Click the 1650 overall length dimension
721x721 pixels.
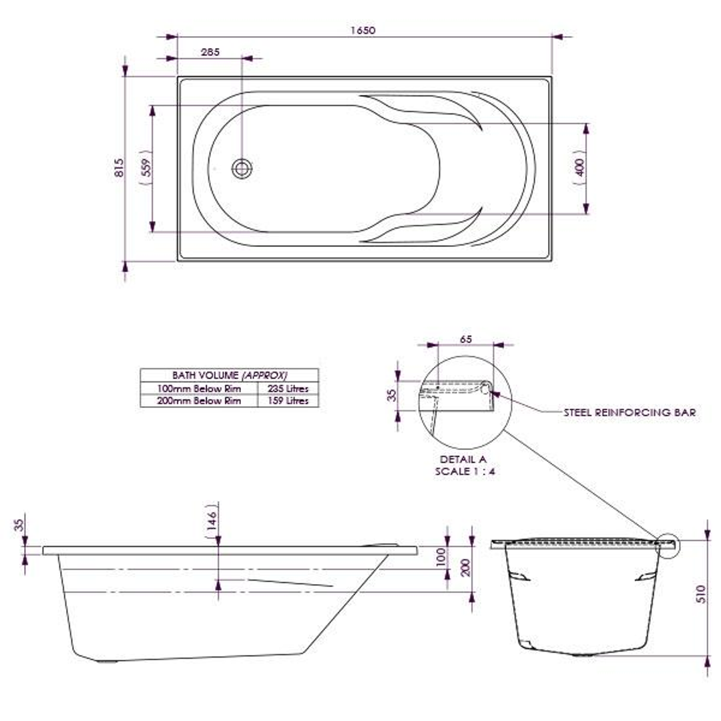click(x=365, y=30)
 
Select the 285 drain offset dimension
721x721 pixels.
click(x=209, y=51)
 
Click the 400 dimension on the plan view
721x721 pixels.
click(x=579, y=168)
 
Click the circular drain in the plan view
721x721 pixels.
click(x=242, y=168)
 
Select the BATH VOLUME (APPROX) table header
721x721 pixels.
click(x=229, y=375)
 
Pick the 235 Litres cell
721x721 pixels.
click(x=288, y=389)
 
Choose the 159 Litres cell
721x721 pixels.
click(x=288, y=401)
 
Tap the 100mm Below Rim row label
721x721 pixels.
click(x=198, y=389)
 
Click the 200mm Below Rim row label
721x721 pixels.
click(x=198, y=401)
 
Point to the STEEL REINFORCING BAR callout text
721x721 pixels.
click(x=630, y=413)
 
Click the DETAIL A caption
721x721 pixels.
click(x=463, y=460)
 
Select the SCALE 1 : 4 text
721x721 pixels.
click(x=465, y=471)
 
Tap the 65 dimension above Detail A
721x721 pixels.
click(x=466, y=339)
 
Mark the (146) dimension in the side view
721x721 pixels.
click(x=211, y=515)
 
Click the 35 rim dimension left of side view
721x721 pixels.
click(x=19, y=526)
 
